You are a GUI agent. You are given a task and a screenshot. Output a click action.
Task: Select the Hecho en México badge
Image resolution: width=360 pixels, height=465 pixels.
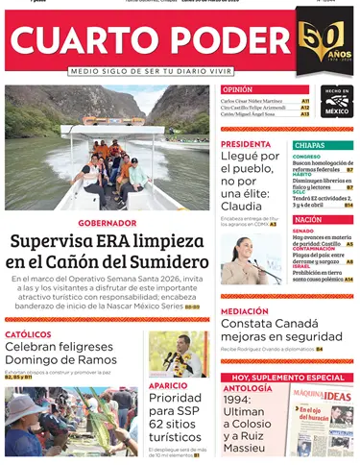point(337,101)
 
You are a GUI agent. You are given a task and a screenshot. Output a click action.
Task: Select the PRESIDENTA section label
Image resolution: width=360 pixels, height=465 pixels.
point(246,144)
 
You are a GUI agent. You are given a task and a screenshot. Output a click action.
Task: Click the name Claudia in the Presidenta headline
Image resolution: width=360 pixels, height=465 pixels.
point(250,205)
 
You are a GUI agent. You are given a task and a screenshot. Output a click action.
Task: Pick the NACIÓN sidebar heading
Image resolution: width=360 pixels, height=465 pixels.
point(308,220)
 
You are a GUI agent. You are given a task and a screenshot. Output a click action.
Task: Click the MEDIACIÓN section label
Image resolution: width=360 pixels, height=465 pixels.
point(245,311)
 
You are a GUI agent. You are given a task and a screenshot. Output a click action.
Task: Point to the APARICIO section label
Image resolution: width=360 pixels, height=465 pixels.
point(168,385)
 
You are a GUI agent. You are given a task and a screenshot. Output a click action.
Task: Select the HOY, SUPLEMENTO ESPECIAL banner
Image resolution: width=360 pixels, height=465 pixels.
point(288,378)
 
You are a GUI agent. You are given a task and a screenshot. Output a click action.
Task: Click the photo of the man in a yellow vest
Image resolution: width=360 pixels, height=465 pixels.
point(180,355)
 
